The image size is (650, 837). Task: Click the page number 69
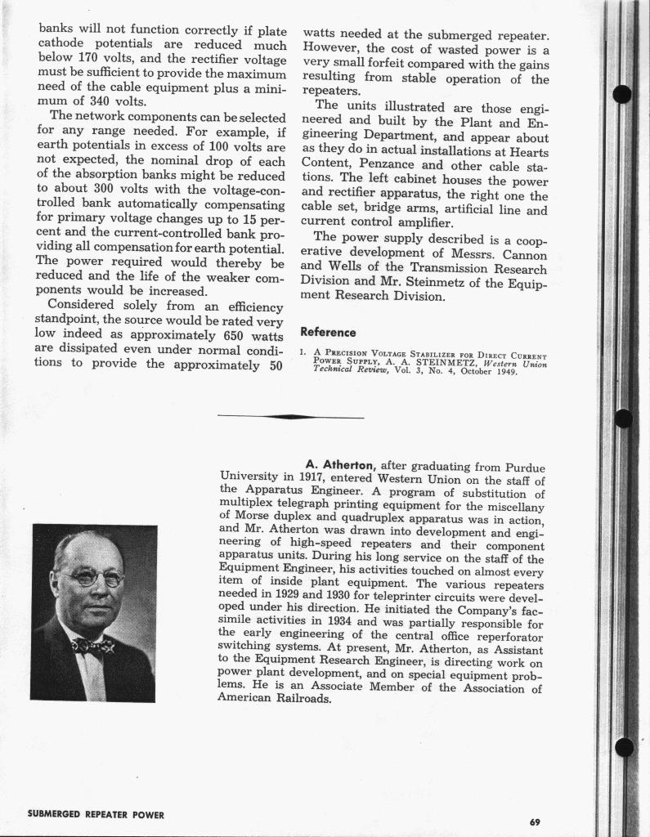tap(535, 821)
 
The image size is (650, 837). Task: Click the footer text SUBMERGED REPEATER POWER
tap(96, 815)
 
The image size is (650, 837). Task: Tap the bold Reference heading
tap(328, 332)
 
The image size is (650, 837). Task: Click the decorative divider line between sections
tap(290, 417)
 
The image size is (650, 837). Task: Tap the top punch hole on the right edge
tap(621, 94)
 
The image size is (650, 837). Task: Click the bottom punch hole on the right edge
tap(624, 746)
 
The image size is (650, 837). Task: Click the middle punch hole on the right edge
tap(623, 418)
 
